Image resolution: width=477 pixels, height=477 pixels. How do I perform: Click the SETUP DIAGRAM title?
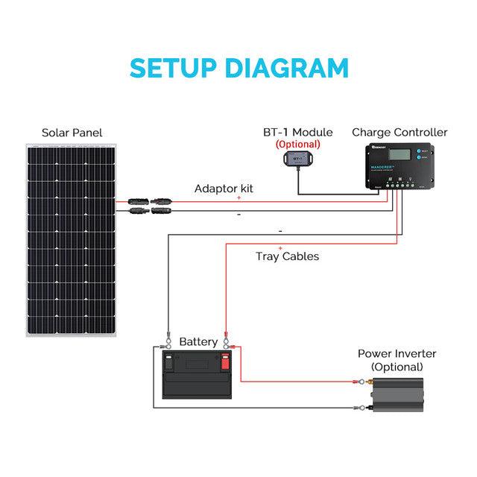click(x=238, y=68)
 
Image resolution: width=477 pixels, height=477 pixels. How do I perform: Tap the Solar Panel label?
click(x=72, y=133)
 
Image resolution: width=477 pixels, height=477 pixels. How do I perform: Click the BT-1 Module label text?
click(x=298, y=132)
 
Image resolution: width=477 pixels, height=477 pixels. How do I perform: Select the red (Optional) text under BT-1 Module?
click(x=298, y=144)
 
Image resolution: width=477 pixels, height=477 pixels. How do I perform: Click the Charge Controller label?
click(x=399, y=132)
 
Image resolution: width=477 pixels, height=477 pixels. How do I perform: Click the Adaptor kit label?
click(x=224, y=189)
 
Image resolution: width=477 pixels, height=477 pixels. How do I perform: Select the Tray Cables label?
click(x=287, y=256)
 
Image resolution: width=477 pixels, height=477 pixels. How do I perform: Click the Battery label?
click(x=198, y=342)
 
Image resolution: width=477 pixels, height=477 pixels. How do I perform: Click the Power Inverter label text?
click(x=397, y=353)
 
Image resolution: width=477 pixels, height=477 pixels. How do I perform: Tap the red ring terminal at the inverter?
click(x=363, y=382)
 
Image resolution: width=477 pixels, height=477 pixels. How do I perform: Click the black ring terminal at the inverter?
click(x=363, y=408)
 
